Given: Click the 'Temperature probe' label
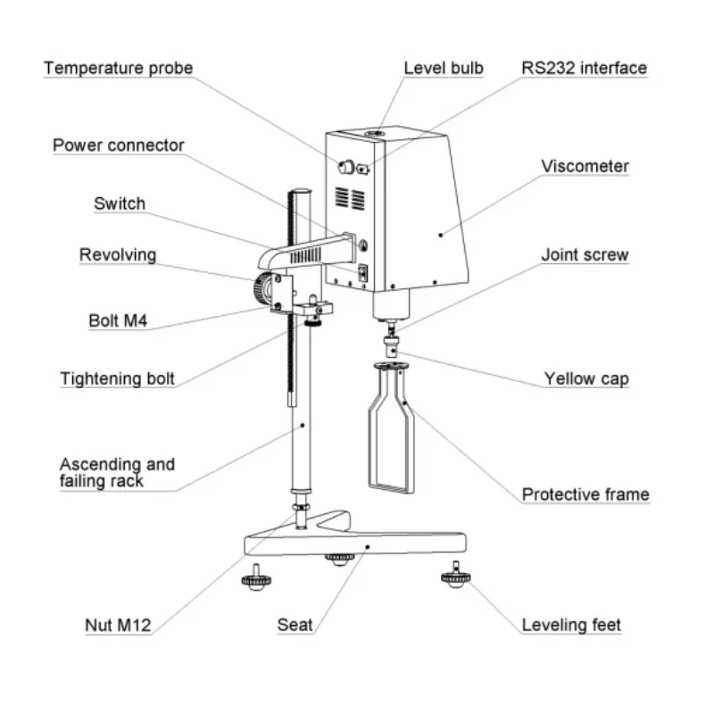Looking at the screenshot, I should click(118, 68).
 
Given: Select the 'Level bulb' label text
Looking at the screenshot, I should click(444, 68).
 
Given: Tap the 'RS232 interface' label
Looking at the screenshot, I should click(585, 68).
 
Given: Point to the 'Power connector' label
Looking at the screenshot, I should click(118, 145).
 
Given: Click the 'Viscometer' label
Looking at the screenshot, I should click(585, 166).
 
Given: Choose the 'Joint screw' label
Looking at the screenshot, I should click(585, 255).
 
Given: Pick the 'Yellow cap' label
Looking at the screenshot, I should click(586, 378).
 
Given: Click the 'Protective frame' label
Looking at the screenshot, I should click(585, 494).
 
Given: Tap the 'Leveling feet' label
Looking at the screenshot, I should click(571, 625).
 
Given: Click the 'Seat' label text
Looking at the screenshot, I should click(295, 625).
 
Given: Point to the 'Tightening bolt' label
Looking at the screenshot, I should click(117, 378).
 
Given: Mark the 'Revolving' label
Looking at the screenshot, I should click(117, 255).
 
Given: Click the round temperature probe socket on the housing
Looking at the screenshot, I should click(345, 166).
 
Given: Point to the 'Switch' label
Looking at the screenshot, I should click(120, 203).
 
